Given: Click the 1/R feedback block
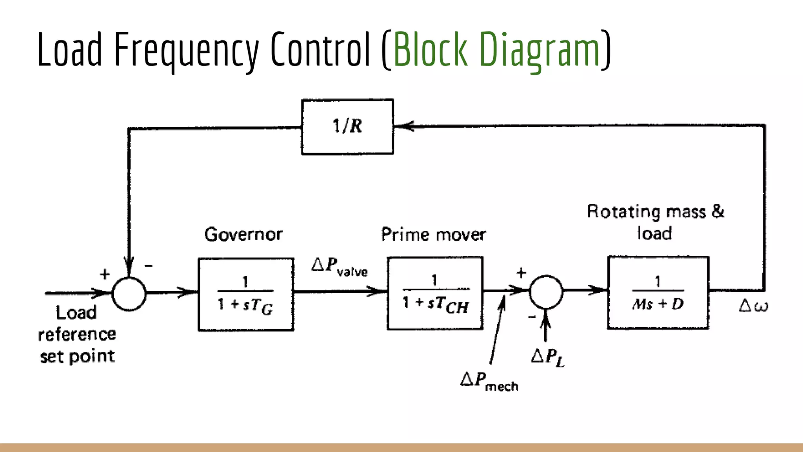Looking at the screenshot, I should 347,127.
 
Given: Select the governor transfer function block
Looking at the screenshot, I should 246,294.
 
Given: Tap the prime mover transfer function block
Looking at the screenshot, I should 435,293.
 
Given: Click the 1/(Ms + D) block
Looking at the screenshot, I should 658,293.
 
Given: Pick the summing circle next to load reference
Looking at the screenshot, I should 129,293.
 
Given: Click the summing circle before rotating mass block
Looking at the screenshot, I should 546,292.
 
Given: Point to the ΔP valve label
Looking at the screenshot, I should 340,267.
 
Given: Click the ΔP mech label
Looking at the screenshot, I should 489,381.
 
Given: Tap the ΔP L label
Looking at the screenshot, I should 548,357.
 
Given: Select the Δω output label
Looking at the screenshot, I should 753,306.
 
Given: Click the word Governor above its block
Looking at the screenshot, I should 243,234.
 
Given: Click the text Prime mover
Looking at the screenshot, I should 433,235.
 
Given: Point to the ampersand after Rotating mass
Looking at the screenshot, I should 718,211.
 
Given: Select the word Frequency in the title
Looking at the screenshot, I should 186,50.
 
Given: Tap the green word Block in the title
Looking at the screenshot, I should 431,50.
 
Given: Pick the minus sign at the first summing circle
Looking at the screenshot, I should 149,266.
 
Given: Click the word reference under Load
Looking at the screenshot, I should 77,335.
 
